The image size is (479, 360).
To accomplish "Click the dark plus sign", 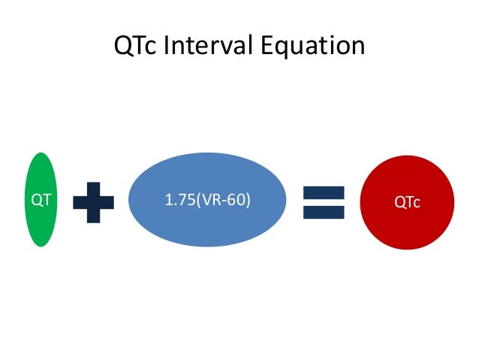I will tap(93, 201).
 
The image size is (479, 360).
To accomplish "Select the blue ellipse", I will tap(207, 201).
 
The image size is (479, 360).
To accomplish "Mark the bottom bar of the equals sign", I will tap(323, 212).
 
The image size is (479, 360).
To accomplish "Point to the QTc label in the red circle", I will tap(407, 201).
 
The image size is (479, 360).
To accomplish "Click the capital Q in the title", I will tap(123, 47).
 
